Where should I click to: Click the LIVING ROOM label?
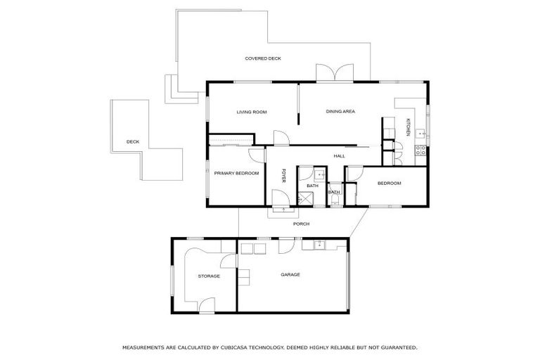(x=251, y=112)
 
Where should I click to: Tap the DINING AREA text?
(x=340, y=112)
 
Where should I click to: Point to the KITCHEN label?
(x=408, y=127)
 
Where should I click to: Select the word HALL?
(x=339, y=156)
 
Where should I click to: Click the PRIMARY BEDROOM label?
(x=236, y=173)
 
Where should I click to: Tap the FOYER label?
(x=284, y=176)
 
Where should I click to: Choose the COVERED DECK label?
(x=263, y=58)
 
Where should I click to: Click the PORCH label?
(x=301, y=224)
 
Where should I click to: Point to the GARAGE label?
(x=290, y=274)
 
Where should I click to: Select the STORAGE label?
(x=208, y=276)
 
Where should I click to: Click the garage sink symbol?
(x=318, y=245)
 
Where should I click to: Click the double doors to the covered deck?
(x=334, y=73)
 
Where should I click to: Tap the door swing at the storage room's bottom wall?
(x=206, y=304)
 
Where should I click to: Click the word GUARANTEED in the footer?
(x=394, y=347)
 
